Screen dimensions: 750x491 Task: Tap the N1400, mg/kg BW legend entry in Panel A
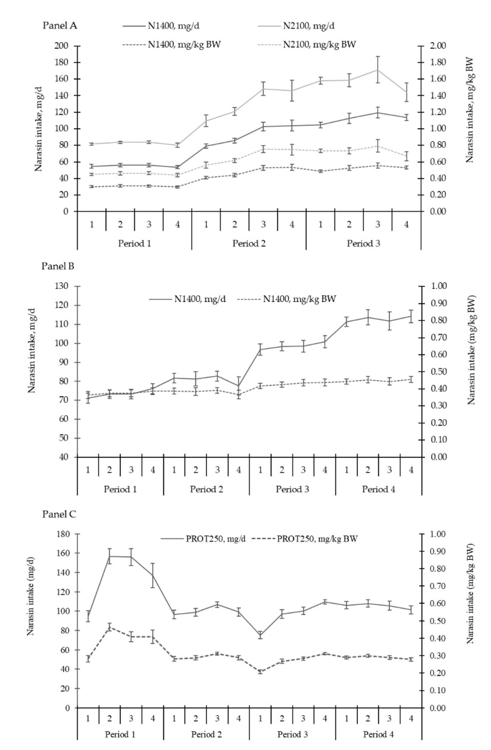[184, 44]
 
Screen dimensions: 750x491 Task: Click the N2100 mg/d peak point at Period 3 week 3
[377, 70]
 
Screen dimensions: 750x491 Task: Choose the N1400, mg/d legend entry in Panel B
[200, 299]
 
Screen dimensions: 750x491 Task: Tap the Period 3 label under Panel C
[293, 735]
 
